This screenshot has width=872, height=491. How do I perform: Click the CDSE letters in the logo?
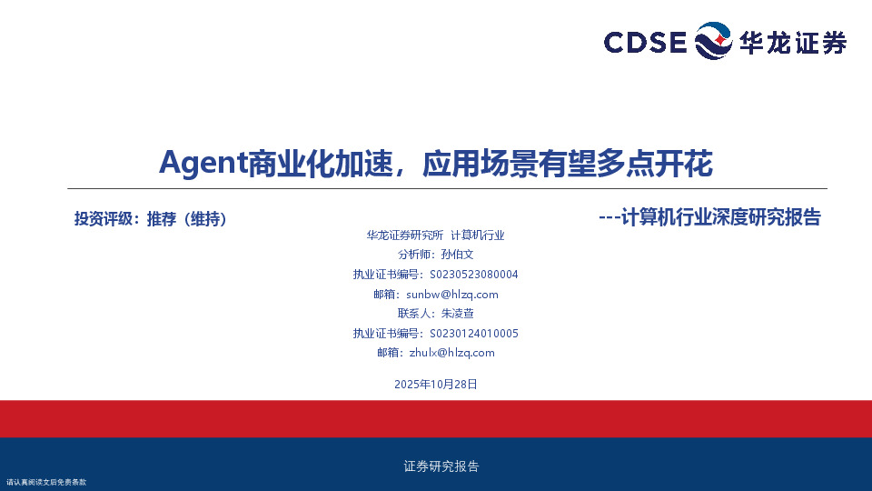pos(645,42)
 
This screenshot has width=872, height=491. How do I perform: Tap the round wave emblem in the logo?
pos(713,42)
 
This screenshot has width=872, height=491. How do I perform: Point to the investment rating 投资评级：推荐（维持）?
pos(150,218)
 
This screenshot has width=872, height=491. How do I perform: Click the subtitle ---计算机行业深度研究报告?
pos(710,217)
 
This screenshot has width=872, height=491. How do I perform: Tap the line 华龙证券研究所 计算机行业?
pos(435,235)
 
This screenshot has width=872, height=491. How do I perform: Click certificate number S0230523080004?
pos(473,275)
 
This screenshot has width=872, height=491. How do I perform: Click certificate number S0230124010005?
pos(473,334)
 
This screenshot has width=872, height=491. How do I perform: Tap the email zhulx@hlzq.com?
pos(451,353)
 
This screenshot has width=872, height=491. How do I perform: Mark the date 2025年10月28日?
pos(436,385)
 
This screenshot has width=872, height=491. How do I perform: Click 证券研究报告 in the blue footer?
pos(441,466)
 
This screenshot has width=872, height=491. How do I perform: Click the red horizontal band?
pos(436,418)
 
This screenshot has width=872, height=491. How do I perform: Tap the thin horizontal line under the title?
pos(436,188)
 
